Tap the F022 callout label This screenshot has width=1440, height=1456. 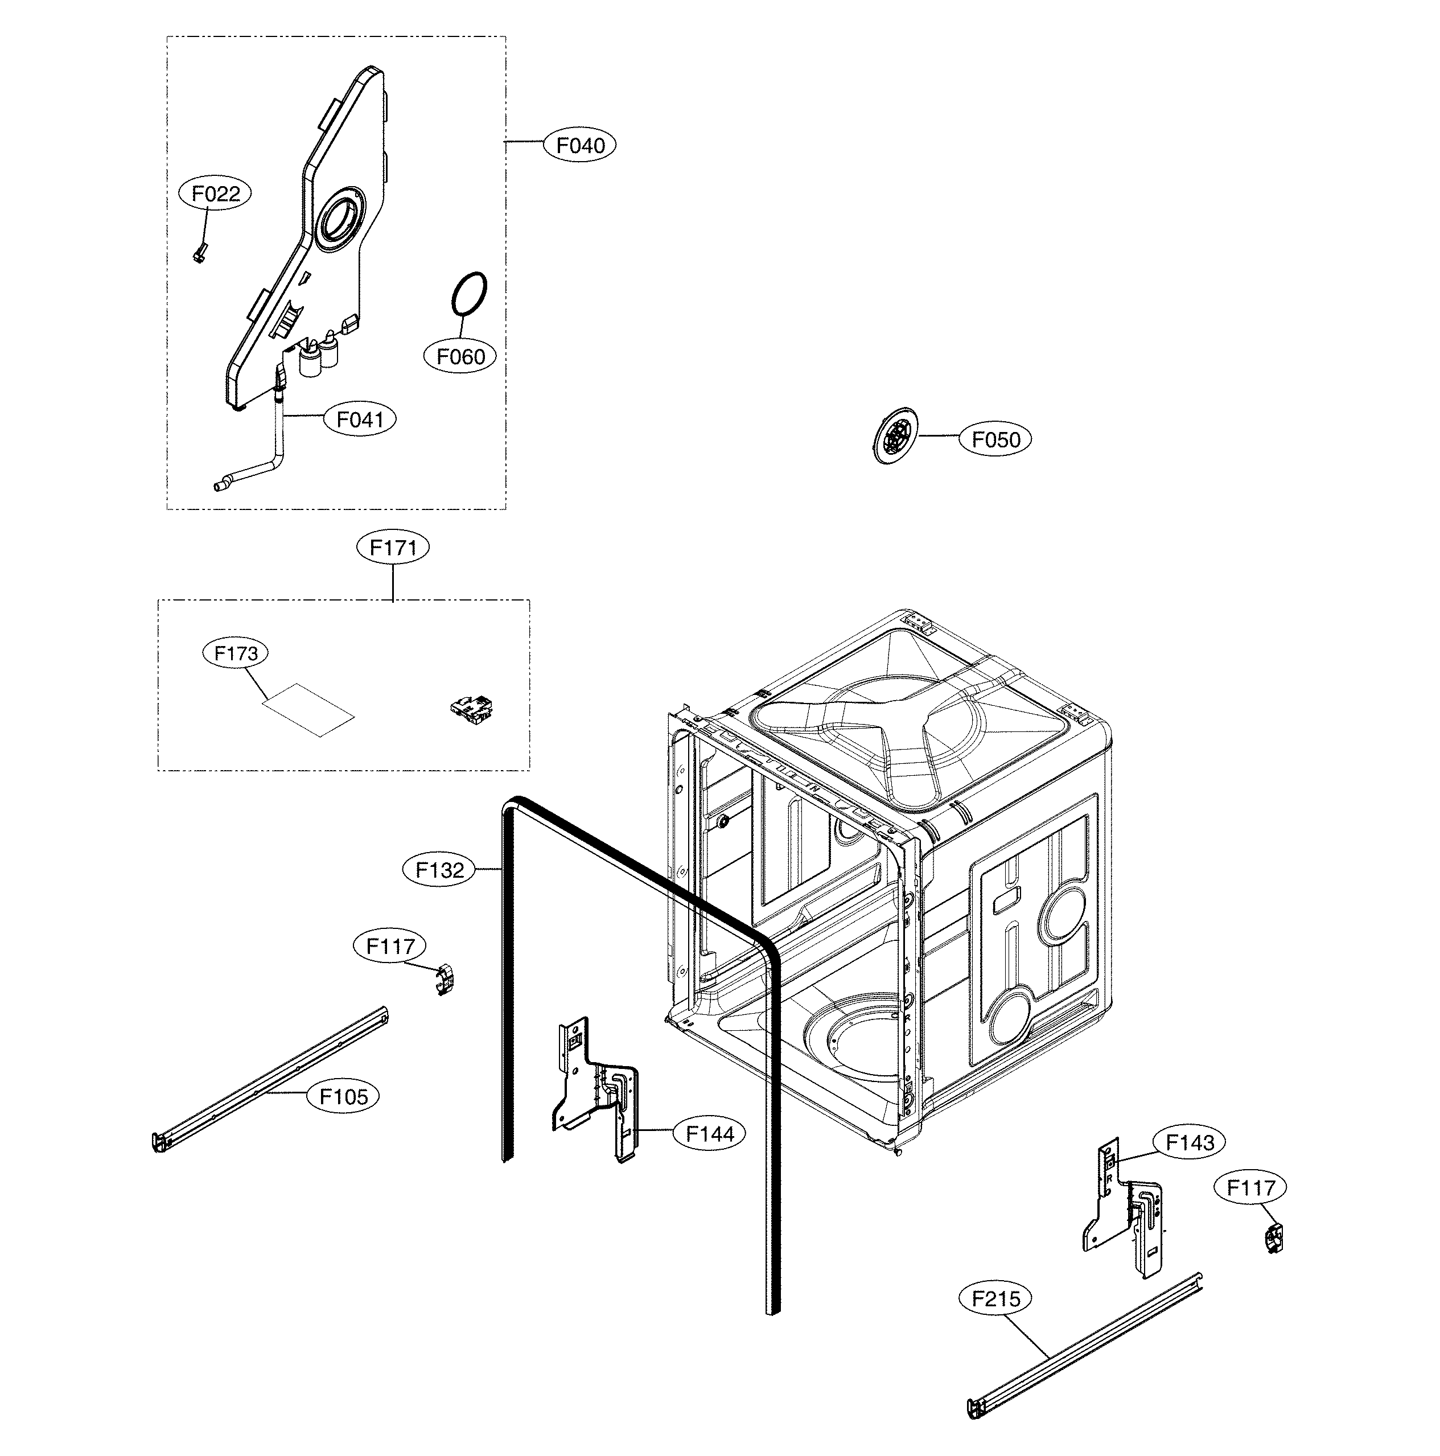tap(216, 194)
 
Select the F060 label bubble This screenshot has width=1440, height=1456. tap(460, 356)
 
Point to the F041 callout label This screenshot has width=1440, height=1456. tap(360, 419)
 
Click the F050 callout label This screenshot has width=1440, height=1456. tap(995, 439)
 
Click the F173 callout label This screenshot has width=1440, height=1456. tap(236, 653)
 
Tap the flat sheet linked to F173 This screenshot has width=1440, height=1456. tap(307, 710)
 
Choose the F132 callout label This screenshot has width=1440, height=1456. tap(439, 870)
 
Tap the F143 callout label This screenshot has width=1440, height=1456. tap(1190, 1142)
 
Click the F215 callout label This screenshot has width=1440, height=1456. tap(995, 1298)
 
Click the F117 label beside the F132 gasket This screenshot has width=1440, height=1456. tap(390, 946)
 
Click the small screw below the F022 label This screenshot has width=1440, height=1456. tap(200, 254)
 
